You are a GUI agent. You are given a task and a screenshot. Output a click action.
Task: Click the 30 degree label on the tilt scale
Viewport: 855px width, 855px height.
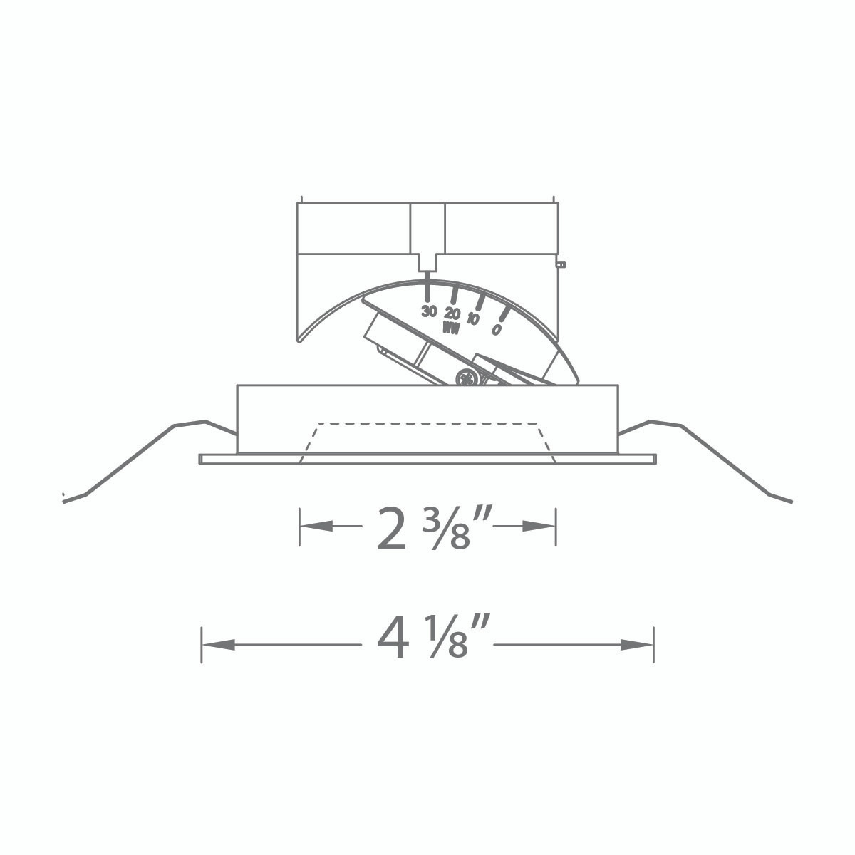(x=428, y=311)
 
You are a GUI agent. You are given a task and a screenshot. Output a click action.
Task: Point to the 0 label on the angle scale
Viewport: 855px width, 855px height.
(x=496, y=329)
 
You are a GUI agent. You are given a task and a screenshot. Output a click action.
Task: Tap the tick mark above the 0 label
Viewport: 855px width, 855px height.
(x=504, y=313)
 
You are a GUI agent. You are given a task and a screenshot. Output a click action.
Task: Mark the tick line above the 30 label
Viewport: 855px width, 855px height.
(x=427, y=289)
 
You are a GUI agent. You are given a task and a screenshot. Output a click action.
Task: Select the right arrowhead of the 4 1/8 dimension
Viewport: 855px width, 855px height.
(x=636, y=645)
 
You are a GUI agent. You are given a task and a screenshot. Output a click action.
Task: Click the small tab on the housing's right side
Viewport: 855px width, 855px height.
(x=561, y=264)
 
